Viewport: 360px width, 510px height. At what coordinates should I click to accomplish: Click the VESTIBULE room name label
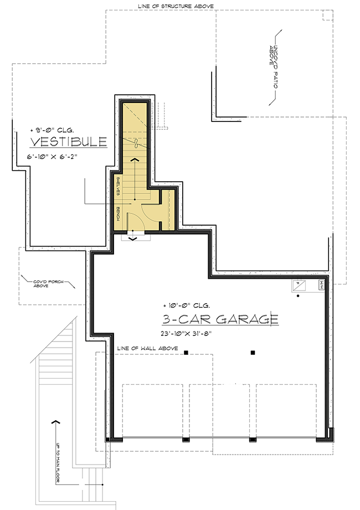68,142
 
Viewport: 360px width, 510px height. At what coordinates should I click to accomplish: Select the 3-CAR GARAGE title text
220,319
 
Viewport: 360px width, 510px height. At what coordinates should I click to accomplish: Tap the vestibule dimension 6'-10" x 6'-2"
53,157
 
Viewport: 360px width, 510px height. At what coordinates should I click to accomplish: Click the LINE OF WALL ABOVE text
148,348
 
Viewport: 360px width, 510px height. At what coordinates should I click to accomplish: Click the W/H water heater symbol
321,285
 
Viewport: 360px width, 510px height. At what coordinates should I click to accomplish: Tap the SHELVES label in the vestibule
119,187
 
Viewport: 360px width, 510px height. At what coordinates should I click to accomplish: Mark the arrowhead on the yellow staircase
134,159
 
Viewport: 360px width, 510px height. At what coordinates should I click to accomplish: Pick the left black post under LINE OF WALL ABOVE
187,353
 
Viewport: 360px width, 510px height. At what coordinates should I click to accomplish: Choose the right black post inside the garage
253,353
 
